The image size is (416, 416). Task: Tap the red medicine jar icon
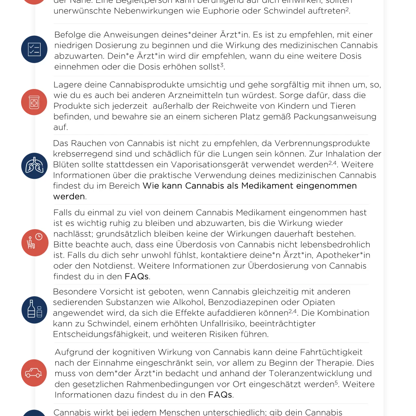(34, 102)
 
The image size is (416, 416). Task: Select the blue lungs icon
(34, 166)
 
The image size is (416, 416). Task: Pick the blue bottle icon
(34, 310)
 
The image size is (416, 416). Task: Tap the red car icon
(34, 373)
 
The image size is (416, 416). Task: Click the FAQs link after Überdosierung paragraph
(136, 277)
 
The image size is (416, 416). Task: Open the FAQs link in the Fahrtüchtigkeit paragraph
(220, 394)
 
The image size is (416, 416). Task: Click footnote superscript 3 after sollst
(222, 65)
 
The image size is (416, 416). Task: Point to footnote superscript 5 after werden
(336, 382)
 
